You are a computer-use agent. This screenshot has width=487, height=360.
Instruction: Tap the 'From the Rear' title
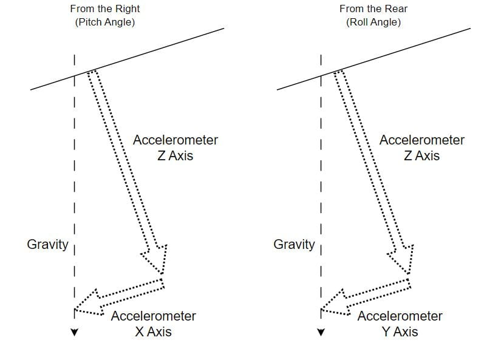coord(373,9)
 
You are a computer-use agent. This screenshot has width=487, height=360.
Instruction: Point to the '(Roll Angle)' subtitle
coord(373,22)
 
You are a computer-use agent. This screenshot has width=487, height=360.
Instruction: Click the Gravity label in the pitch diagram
coord(47,245)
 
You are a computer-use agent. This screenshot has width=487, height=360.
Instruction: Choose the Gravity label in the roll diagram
coord(294,245)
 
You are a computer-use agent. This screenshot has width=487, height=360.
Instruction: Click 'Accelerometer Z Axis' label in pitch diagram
coord(175,148)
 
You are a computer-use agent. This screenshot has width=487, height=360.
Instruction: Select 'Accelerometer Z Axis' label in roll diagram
coord(422,148)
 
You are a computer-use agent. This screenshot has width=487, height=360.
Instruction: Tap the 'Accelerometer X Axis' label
coord(154,324)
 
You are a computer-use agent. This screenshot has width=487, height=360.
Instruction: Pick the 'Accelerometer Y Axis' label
coord(400,324)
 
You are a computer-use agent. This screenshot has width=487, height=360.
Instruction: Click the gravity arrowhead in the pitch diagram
coord(75,332)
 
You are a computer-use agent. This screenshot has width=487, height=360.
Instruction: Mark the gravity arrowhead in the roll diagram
coord(321,332)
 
